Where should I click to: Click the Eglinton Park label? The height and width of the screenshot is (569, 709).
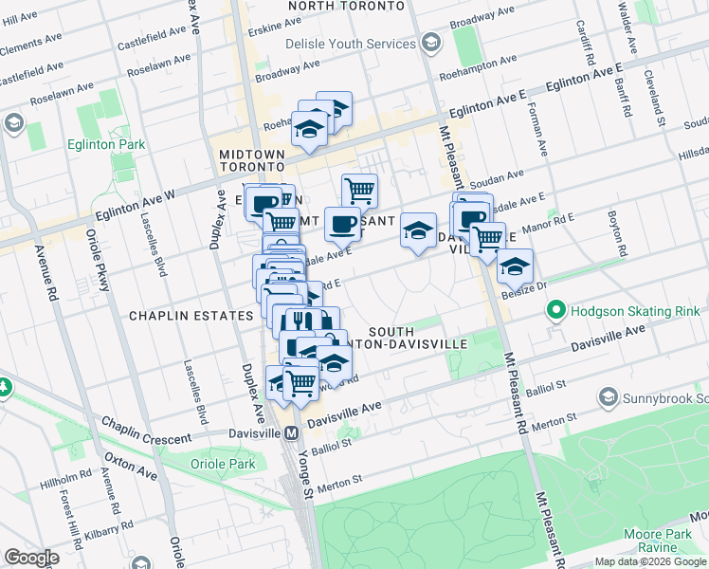pyautogui.click(x=106, y=144)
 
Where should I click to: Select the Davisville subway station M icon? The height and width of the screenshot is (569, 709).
pyautogui.click(x=293, y=432)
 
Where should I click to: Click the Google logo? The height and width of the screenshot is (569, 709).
pyautogui.click(x=31, y=557)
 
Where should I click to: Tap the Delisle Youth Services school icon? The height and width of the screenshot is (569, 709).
pyautogui.click(x=431, y=44)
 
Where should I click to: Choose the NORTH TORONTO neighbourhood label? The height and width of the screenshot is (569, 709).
pyautogui.click(x=347, y=6)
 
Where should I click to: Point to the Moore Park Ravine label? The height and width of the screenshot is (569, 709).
pyautogui.click(x=664, y=541)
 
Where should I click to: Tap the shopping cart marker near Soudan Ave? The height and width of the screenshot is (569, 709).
pyautogui.click(x=359, y=190)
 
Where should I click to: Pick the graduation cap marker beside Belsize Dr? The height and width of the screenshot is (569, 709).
pyautogui.click(x=515, y=266)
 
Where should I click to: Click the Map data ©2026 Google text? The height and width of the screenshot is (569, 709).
pyautogui.click(x=649, y=561)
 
